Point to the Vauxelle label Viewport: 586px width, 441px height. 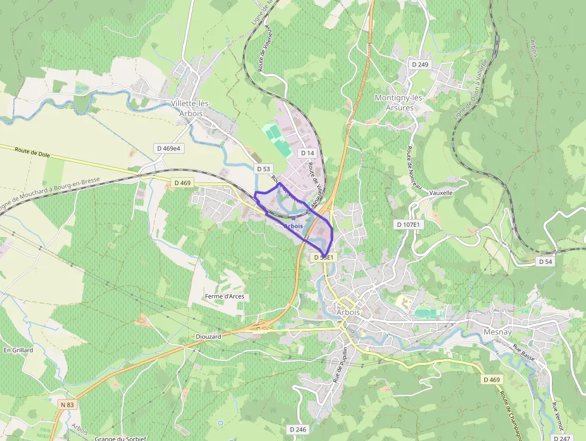[x=441, y=193]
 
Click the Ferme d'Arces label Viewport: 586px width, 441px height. [x=224, y=296]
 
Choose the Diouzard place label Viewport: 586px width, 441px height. [x=208, y=336]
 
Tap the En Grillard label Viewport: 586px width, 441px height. [x=18, y=350]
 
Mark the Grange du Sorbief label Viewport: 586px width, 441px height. [x=120, y=438]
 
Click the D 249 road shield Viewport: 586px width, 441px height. [x=420, y=64]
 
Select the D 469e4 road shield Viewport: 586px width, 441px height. [x=168, y=148]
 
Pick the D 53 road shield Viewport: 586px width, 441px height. [x=263, y=169]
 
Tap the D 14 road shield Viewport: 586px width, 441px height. [x=307, y=153]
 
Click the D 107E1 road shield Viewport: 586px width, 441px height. [x=409, y=224]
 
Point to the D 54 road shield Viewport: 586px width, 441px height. [x=545, y=261]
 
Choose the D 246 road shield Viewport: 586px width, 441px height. [x=298, y=429]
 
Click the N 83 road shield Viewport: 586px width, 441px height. [x=67, y=404]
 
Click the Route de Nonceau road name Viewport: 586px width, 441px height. [x=415, y=168]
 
